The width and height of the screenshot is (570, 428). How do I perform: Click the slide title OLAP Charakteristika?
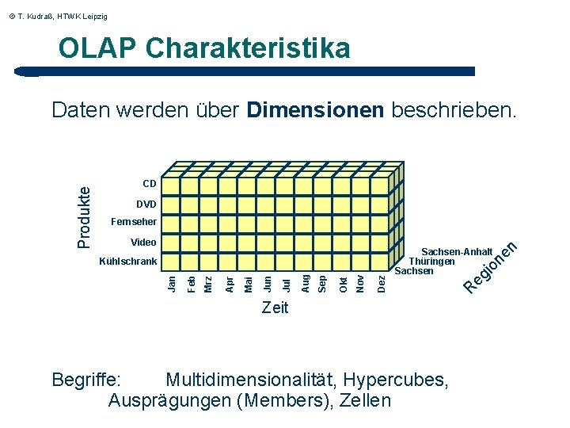click(x=204, y=48)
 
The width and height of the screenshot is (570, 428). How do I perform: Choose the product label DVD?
click(x=146, y=204)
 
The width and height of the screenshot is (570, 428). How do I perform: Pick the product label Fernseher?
click(x=134, y=222)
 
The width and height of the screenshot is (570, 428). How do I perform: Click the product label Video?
click(x=142, y=242)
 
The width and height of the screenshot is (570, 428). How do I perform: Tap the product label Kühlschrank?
click(x=127, y=261)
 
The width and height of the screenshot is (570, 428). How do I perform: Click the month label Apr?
click(x=230, y=282)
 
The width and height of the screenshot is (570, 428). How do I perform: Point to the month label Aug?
click(x=306, y=282)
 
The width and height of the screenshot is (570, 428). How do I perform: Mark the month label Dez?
click(x=382, y=282)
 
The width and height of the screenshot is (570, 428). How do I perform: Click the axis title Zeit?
click(x=275, y=308)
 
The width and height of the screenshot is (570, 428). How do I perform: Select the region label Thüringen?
click(x=432, y=261)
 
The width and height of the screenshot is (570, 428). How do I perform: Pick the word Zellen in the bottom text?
click(x=365, y=400)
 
